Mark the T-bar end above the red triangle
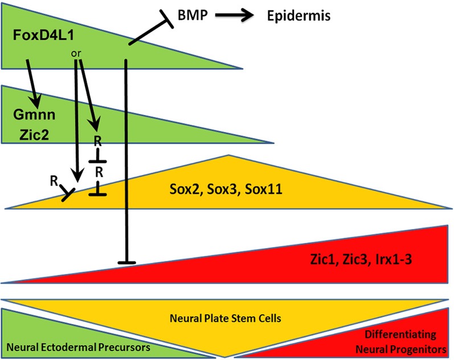click(126, 262)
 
